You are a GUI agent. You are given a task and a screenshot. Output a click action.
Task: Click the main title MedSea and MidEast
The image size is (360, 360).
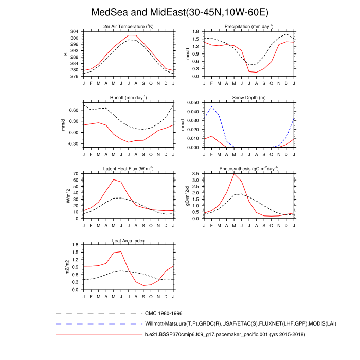179,12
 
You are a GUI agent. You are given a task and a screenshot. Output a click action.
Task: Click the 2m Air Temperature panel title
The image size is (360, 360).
129,26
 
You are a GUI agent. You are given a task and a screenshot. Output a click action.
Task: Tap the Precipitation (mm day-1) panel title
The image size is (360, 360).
248,26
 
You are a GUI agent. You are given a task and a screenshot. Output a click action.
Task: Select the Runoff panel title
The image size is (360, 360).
129,97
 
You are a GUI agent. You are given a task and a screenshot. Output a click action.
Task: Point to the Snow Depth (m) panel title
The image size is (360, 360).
248,97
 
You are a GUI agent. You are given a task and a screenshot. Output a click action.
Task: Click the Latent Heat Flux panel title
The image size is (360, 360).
129,169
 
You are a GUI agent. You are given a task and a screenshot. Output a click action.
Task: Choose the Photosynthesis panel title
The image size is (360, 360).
248,169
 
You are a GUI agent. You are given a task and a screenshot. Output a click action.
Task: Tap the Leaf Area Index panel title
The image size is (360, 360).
129,240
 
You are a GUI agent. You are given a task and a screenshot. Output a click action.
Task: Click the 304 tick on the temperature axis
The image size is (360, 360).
75,31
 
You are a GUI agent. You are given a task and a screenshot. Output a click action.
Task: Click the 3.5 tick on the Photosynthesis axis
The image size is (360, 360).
195,174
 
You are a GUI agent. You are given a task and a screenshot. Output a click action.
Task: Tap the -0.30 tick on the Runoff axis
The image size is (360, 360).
74,144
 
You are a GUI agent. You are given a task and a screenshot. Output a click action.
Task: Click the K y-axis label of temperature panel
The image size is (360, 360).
65,54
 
